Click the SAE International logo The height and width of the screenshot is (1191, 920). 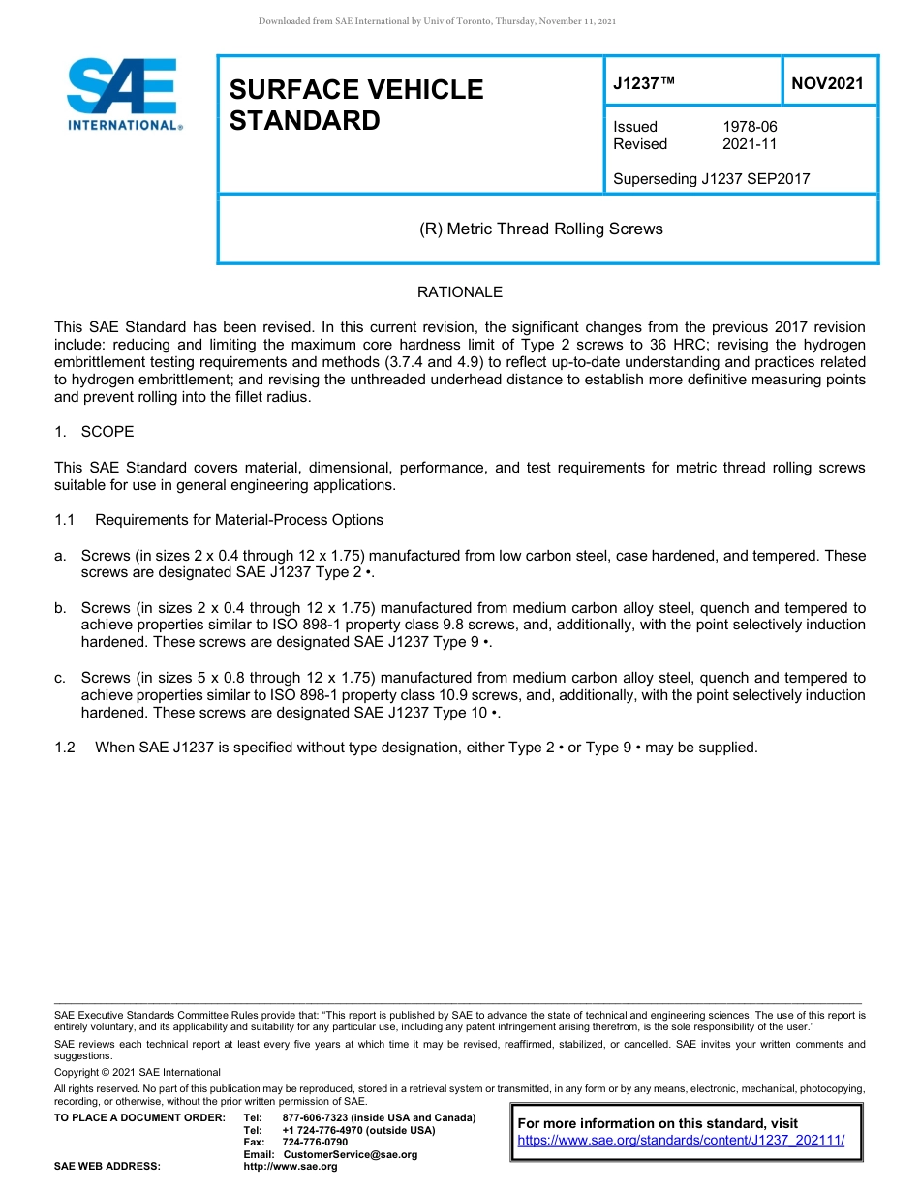pos(123,94)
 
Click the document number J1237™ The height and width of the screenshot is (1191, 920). pos(643,83)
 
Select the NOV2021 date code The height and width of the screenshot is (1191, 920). pos(827,83)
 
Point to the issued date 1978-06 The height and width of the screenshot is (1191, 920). pos(750,127)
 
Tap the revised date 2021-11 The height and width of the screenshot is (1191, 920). pos(750,144)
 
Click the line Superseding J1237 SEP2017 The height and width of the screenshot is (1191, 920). pos(711,178)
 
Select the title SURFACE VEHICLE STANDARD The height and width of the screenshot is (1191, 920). pos(355,105)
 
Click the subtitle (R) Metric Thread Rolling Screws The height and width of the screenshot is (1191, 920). pos(540,229)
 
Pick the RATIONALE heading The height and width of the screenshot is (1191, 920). pos(459,292)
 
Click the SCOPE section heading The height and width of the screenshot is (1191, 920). pos(107,432)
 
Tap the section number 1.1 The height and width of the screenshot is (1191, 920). pos(65,520)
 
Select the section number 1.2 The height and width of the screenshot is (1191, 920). pos(65,748)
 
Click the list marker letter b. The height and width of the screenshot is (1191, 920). pos(60,608)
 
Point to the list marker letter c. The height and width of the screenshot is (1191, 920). pos(60,678)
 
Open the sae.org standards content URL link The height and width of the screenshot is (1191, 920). pos(681,1141)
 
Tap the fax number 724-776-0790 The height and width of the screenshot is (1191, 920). pos(315,1143)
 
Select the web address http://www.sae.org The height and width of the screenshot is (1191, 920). pos(290,1167)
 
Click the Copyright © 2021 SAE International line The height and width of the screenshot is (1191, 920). pos(138,1072)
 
